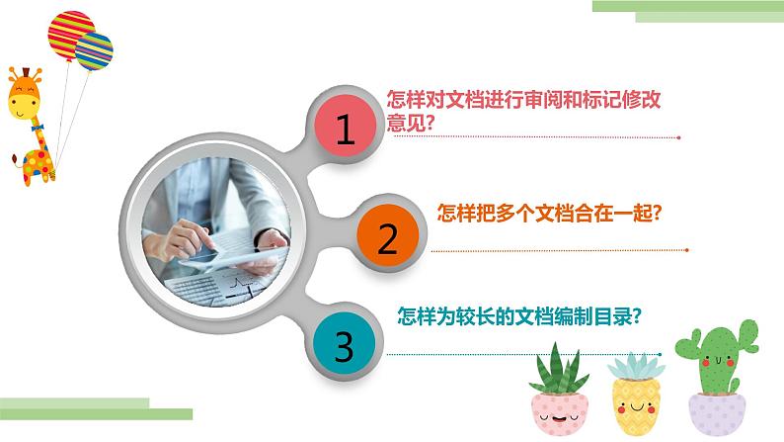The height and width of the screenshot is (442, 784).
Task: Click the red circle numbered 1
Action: click(x=345, y=130)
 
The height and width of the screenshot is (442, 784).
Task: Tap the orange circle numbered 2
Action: click(x=387, y=236)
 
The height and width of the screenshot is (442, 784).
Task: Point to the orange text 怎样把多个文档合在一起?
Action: click(x=548, y=212)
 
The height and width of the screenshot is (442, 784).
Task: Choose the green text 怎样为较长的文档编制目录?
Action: click(x=519, y=317)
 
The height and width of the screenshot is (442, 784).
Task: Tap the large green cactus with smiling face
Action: click(x=710, y=360)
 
